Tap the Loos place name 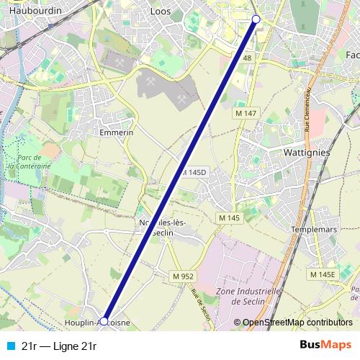pos(160,12)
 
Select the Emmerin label pos(117,132)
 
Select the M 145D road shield pos(194,173)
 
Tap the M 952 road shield pos(183,276)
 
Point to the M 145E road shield pos(323,274)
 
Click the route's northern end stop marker pos(256,19)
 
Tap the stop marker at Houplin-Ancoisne pos(104,320)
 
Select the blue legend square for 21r pos(9,346)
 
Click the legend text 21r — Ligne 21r pos(59,346)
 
